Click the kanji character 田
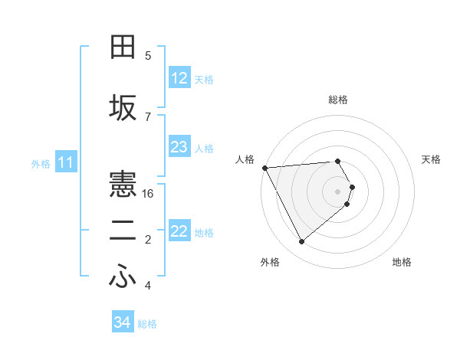123,47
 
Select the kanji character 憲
123,184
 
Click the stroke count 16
149,194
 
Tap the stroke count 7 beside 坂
148,116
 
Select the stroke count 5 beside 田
148,55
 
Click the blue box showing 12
179,78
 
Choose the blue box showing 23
179,147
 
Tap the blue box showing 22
179,231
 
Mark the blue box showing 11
66,162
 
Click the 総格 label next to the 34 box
147,324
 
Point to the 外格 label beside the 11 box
40,164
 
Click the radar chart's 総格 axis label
338,100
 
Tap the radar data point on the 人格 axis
264,168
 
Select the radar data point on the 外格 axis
301,241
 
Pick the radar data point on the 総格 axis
338,161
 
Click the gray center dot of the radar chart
338,190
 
